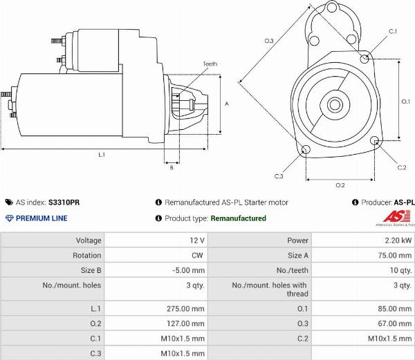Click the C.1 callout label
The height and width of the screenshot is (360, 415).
(x=393, y=32)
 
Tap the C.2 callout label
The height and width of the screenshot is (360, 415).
(x=402, y=168)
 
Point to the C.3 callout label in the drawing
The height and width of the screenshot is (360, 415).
(x=279, y=176)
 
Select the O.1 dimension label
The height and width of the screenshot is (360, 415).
(x=405, y=102)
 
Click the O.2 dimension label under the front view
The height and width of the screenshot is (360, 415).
(x=340, y=185)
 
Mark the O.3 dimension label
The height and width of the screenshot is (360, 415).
(x=269, y=41)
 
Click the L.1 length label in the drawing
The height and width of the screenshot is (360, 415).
(x=102, y=155)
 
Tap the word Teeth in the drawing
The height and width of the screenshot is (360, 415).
(x=210, y=64)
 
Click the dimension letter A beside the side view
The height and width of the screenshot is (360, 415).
(x=227, y=104)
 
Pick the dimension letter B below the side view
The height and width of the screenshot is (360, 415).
(x=172, y=168)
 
